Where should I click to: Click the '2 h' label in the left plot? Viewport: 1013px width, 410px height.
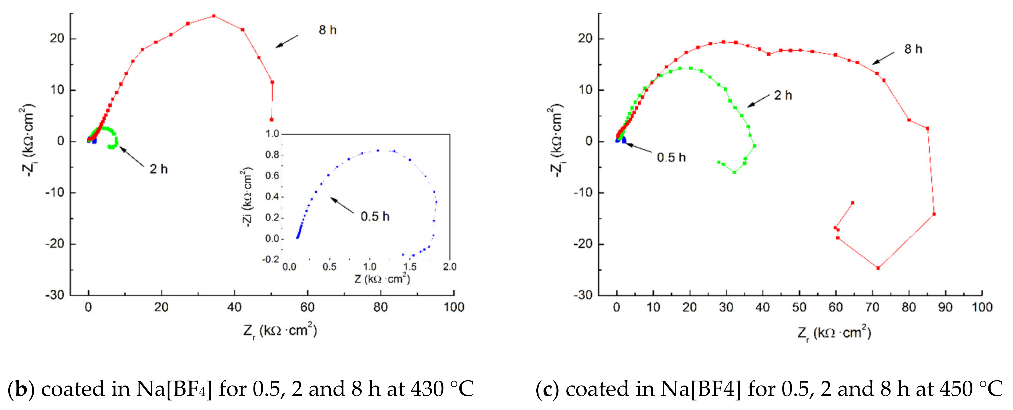click(x=159, y=169)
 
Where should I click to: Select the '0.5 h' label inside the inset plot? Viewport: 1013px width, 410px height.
click(x=375, y=216)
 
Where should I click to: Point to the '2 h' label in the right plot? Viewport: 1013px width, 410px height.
click(x=782, y=95)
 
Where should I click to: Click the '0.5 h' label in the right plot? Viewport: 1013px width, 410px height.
click(x=671, y=157)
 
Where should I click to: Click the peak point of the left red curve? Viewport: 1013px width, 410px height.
click(x=213, y=16)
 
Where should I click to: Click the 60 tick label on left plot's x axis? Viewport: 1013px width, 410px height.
click(x=307, y=307)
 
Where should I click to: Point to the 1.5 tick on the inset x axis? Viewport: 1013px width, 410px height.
click(x=409, y=267)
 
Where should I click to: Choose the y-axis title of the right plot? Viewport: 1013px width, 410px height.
click(x=556, y=140)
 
